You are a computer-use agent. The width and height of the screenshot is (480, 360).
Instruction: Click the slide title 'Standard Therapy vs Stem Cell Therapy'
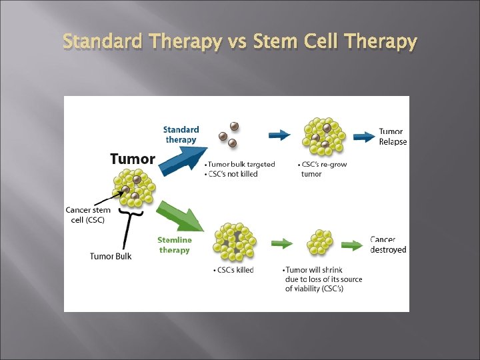(240, 42)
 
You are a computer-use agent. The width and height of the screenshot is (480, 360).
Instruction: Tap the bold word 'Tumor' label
(133, 159)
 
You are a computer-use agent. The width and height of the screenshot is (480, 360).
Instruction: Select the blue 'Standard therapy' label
(181, 135)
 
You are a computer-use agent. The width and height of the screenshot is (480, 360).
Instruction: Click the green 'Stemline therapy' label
(175, 245)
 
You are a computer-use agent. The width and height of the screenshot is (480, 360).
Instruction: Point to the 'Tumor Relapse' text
(393, 137)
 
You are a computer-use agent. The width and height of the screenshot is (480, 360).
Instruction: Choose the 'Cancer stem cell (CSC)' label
(88, 215)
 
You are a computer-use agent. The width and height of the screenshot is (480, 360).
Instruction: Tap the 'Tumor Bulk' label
(111, 257)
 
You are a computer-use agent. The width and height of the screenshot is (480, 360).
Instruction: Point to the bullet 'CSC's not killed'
(233, 174)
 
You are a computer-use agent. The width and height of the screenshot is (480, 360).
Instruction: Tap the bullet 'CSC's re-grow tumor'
(323, 169)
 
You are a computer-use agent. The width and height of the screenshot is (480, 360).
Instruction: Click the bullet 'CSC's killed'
(234, 270)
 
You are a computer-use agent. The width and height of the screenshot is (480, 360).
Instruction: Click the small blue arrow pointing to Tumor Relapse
(364, 137)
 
